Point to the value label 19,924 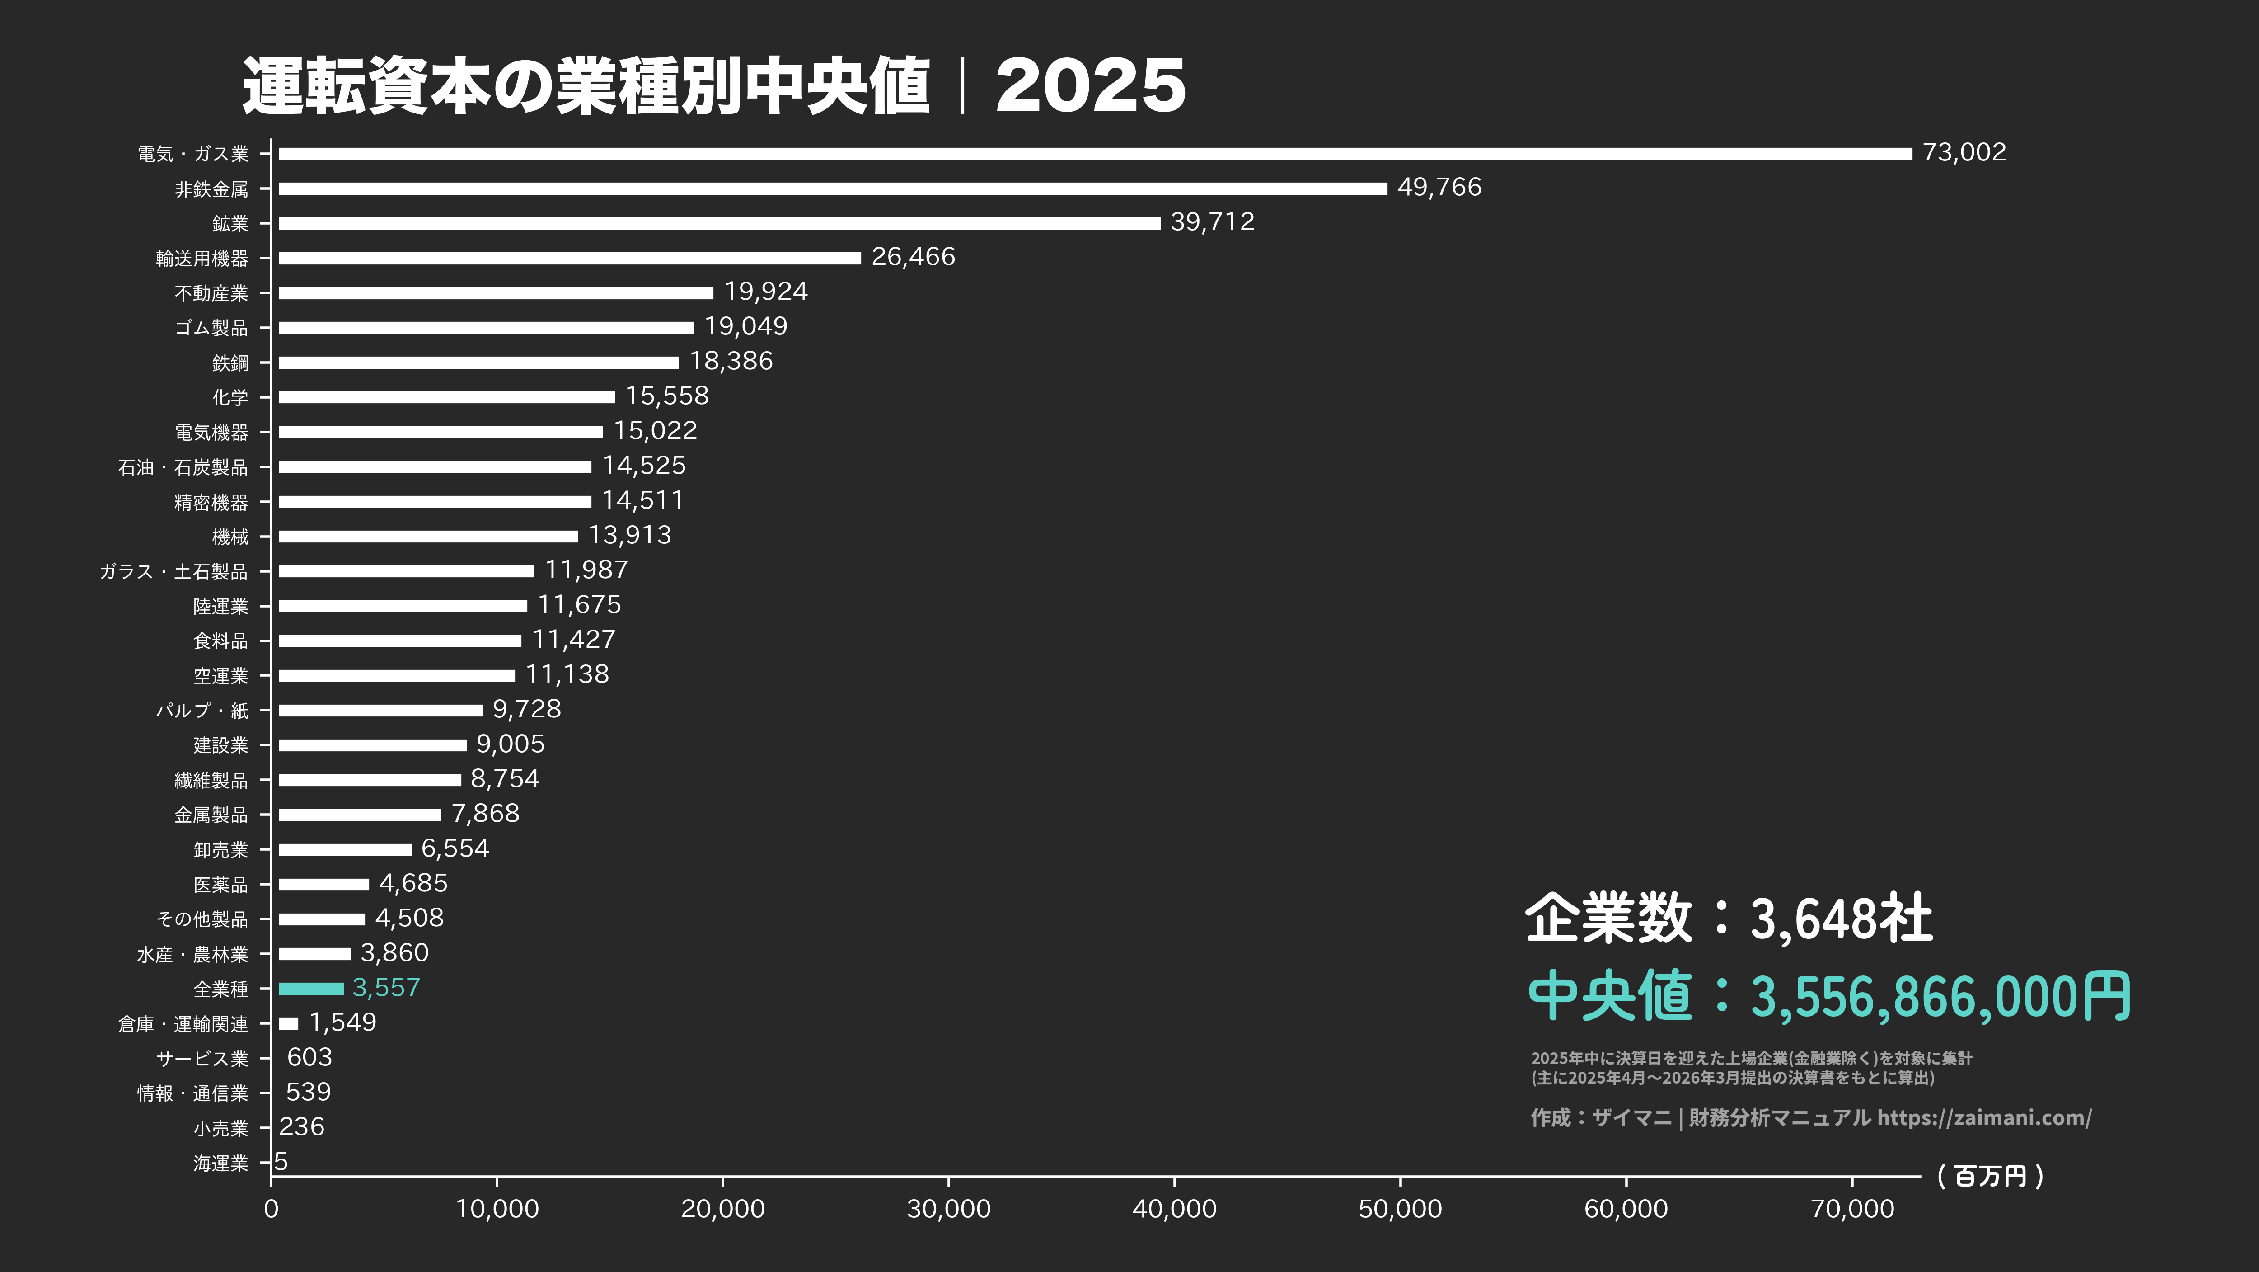pos(765,291)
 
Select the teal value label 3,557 pos(386,988)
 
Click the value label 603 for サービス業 pos(309,1057)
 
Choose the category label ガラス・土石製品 pos(173,572)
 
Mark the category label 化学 pos(230,397)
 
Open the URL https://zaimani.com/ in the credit pos(1984,1117)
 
